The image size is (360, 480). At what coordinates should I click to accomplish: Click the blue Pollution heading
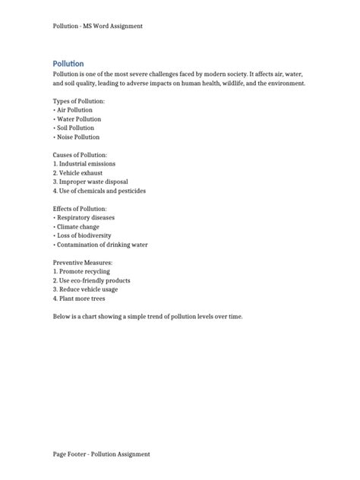click(68, 63)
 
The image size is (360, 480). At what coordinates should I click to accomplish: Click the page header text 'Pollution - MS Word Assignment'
click(98, 26)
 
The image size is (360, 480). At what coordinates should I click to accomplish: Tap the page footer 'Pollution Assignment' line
click(101, 454)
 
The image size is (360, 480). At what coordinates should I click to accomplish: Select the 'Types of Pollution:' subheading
click(79, 101)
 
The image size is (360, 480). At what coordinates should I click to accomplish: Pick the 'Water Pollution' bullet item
click(79, 119)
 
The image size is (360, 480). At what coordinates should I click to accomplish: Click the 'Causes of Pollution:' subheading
click(81, 155)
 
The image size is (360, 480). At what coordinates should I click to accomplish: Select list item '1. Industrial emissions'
click(86, 164)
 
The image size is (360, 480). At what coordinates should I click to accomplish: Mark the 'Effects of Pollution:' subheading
click(80, 209)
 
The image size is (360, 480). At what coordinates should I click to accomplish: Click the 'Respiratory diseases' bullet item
click(87, 218)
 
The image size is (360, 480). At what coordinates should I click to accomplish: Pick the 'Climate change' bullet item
click(79, 227)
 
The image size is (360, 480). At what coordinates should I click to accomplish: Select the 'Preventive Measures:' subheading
click(83, 263)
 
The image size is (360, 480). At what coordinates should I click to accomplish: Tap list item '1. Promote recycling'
click(82, 272)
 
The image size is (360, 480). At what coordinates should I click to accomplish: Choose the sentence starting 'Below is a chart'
click(148, 317)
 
